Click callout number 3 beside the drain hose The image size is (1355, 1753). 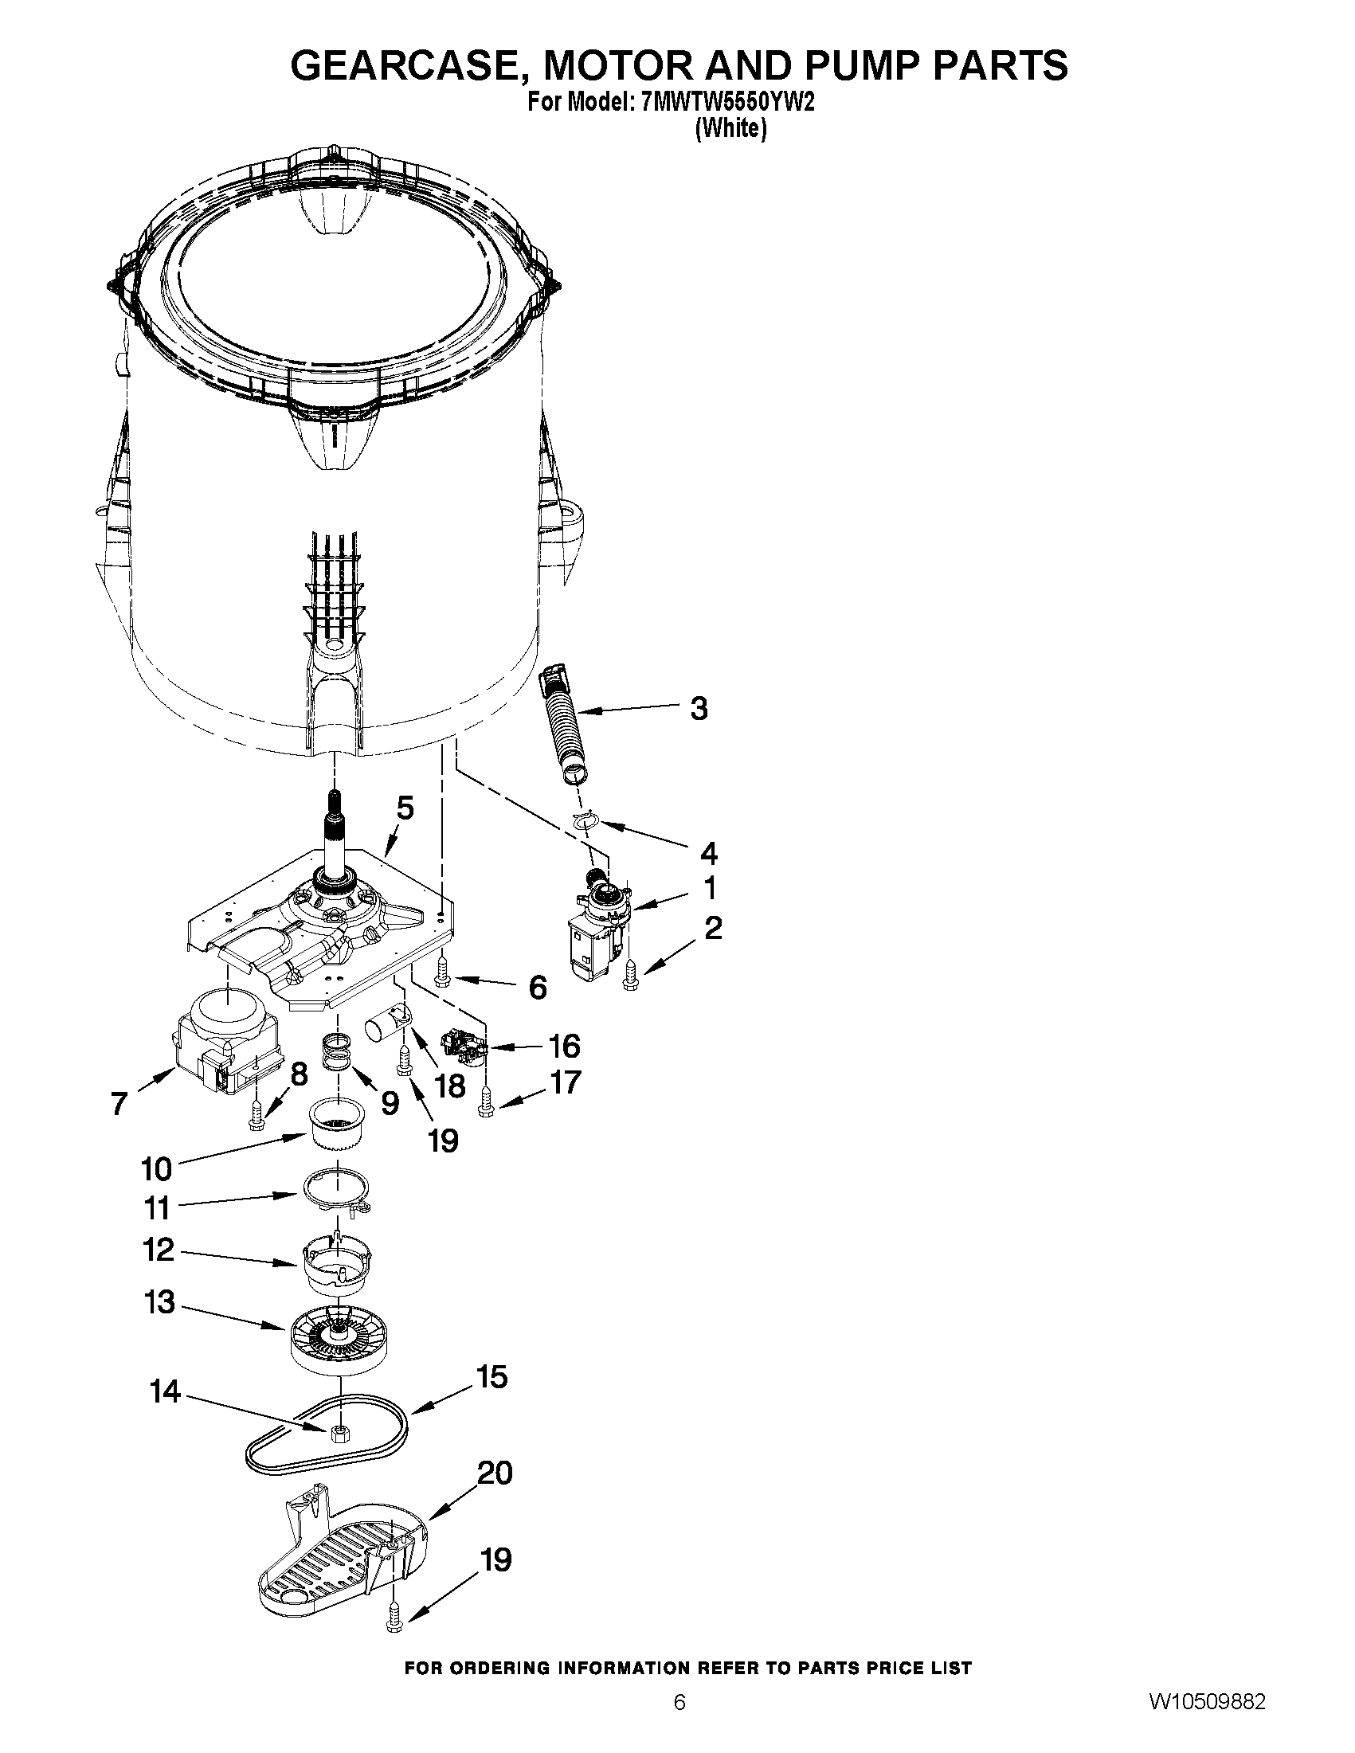pos(699,709)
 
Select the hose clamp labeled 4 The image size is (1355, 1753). pos(587,820)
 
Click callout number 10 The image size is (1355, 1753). pos(157,1169)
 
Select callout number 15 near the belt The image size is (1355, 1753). pos(492,1377)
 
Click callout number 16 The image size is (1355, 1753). pos(564,1046)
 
